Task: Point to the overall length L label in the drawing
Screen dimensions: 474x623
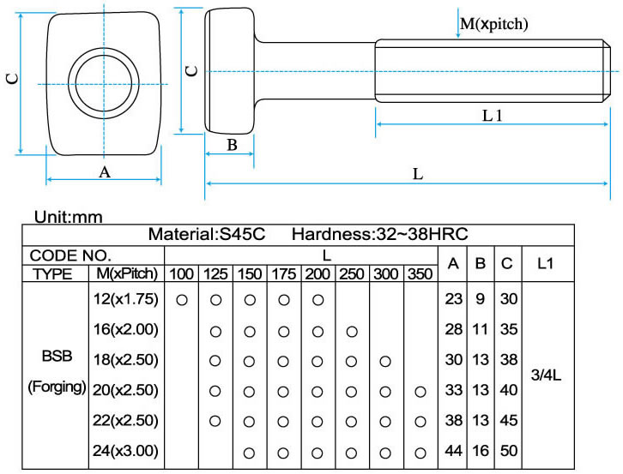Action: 418,173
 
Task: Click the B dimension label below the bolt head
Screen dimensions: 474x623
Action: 232,145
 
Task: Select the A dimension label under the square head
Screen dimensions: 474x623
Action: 105,171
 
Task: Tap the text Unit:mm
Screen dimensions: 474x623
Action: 68,218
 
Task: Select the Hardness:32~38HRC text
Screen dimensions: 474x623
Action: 379,234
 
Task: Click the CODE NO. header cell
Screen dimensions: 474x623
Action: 70,255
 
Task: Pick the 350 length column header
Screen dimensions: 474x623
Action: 420,274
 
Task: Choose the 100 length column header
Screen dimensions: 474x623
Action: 181,274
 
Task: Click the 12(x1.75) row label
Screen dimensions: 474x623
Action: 124,300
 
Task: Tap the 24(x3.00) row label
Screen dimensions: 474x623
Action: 124,450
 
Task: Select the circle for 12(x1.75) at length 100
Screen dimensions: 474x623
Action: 181,300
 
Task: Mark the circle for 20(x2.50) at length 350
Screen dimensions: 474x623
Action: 420,391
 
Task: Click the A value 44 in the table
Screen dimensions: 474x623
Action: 454,450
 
